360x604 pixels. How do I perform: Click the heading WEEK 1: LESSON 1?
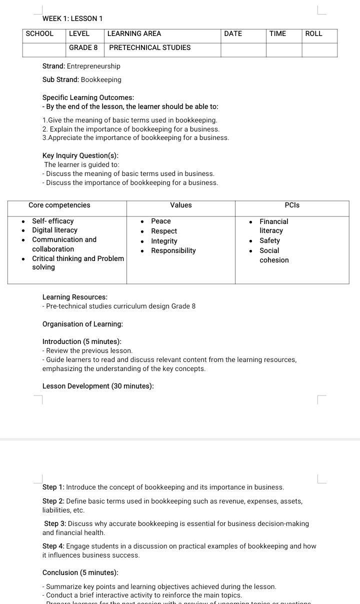[x=72, y=18]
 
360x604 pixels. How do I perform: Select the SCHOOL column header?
[x=39, y=34]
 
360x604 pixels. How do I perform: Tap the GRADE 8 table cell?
[x=83, y=48]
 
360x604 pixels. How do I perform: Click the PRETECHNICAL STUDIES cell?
[x=150, y=48]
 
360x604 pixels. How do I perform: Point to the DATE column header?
[x=233, y=34]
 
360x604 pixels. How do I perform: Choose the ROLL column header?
[x=313, y=34]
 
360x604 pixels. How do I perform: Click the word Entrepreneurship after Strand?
[x=93, y=66]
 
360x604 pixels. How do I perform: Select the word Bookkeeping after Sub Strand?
[x=101, y=80]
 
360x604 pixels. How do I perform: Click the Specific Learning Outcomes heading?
[x=88, y=98]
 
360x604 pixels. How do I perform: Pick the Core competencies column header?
[x=59, y=205]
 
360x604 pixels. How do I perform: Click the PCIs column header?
[x=292, y=205]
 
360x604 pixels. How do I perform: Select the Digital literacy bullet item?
[x=54, y=230]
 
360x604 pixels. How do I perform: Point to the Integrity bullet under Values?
[x=164, y=241]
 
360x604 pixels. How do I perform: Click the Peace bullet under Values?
[x=161, y=221]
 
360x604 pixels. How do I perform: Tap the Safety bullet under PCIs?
[x=269, y=241]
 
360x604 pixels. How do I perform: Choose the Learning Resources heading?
[x=75, y=297]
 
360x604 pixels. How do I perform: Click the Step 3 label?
[x=55, y=524]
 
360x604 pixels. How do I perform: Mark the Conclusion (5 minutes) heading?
[x=80, y=573]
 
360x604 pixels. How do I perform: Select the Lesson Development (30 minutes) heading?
[x=98, y=386]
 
